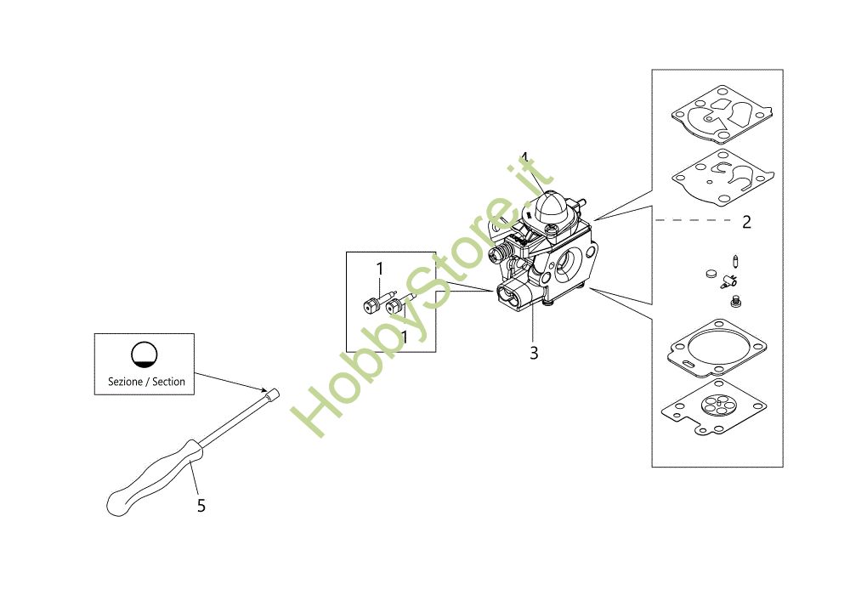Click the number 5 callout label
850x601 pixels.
pyautogui.click(x=201, y=506)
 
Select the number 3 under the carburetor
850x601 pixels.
pyautogui.click(x=534, y=353)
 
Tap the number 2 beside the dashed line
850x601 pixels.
pyautogui.click(x=746, y=222)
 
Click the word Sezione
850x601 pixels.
pyautogui.click(x=125, y=382)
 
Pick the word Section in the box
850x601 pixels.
pyautogui.click(x=168, y=382)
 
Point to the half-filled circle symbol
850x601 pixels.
pyautogui.click(x=144, y=355)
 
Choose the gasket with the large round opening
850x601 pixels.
pyautogui.click(x=717, y=348)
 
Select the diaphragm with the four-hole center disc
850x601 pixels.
pyautogui.click(x=714, y=407)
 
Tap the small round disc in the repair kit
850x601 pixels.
pyautogui.click(x=711, y=275)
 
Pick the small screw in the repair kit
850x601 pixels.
pyautogui.click(x=735, y=300)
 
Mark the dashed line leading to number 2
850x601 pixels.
pyautogui.click(x=694, y=220)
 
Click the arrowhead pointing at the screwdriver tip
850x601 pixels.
pyautogui.click(x=263, y=388)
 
